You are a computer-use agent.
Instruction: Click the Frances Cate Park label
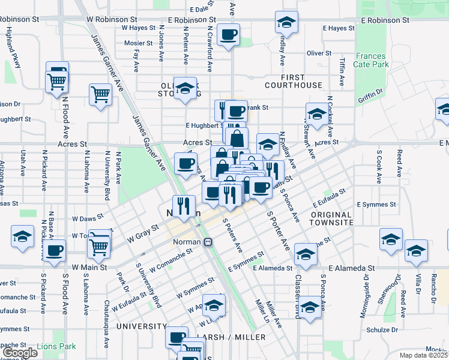[x=372, y=61]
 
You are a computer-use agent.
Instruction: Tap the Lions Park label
[x=56, y=346]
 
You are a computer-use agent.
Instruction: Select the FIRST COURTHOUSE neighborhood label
[x=293, y=81]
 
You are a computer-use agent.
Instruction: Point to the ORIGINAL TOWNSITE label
[x=331, y=218]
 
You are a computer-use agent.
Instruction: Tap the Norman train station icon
[x=208, y=242]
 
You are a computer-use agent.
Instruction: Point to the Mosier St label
[x=139, y=43]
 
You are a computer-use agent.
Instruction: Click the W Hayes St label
[x=139, y=28]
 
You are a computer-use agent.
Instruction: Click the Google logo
[x=19, y=353]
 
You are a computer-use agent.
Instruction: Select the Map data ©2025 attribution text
[x=424, y=355]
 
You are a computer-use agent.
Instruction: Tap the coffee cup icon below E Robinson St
[x=228, y=35]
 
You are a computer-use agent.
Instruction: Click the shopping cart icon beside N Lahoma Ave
[x=100, y=94]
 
